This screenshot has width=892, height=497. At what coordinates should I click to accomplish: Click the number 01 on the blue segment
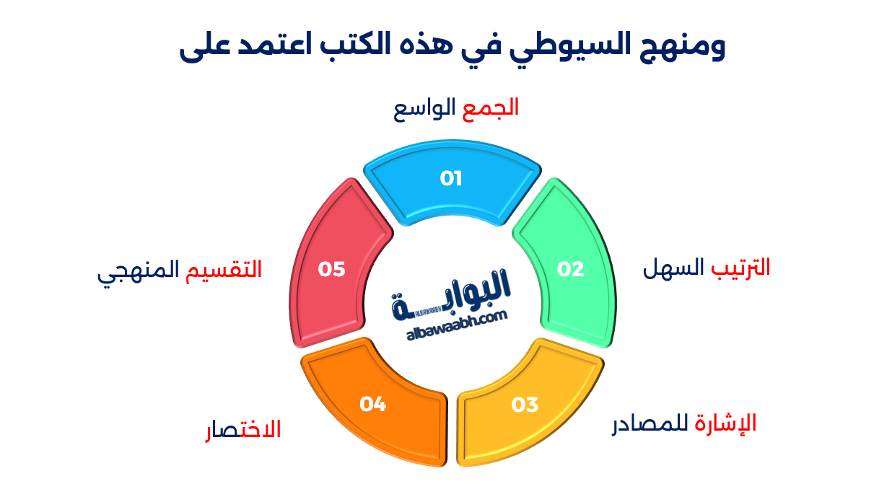click(451, 178)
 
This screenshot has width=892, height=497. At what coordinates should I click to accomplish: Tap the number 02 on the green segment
click(570, 269)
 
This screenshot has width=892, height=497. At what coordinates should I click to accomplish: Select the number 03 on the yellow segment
click(525, 405)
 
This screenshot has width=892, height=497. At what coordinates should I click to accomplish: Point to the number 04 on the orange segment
click(373, 405)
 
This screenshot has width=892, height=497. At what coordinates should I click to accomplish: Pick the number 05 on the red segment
click(332, 269)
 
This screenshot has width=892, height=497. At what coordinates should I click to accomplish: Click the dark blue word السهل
click(673, 268)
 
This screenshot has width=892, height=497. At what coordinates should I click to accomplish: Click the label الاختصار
click(242, 431)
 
